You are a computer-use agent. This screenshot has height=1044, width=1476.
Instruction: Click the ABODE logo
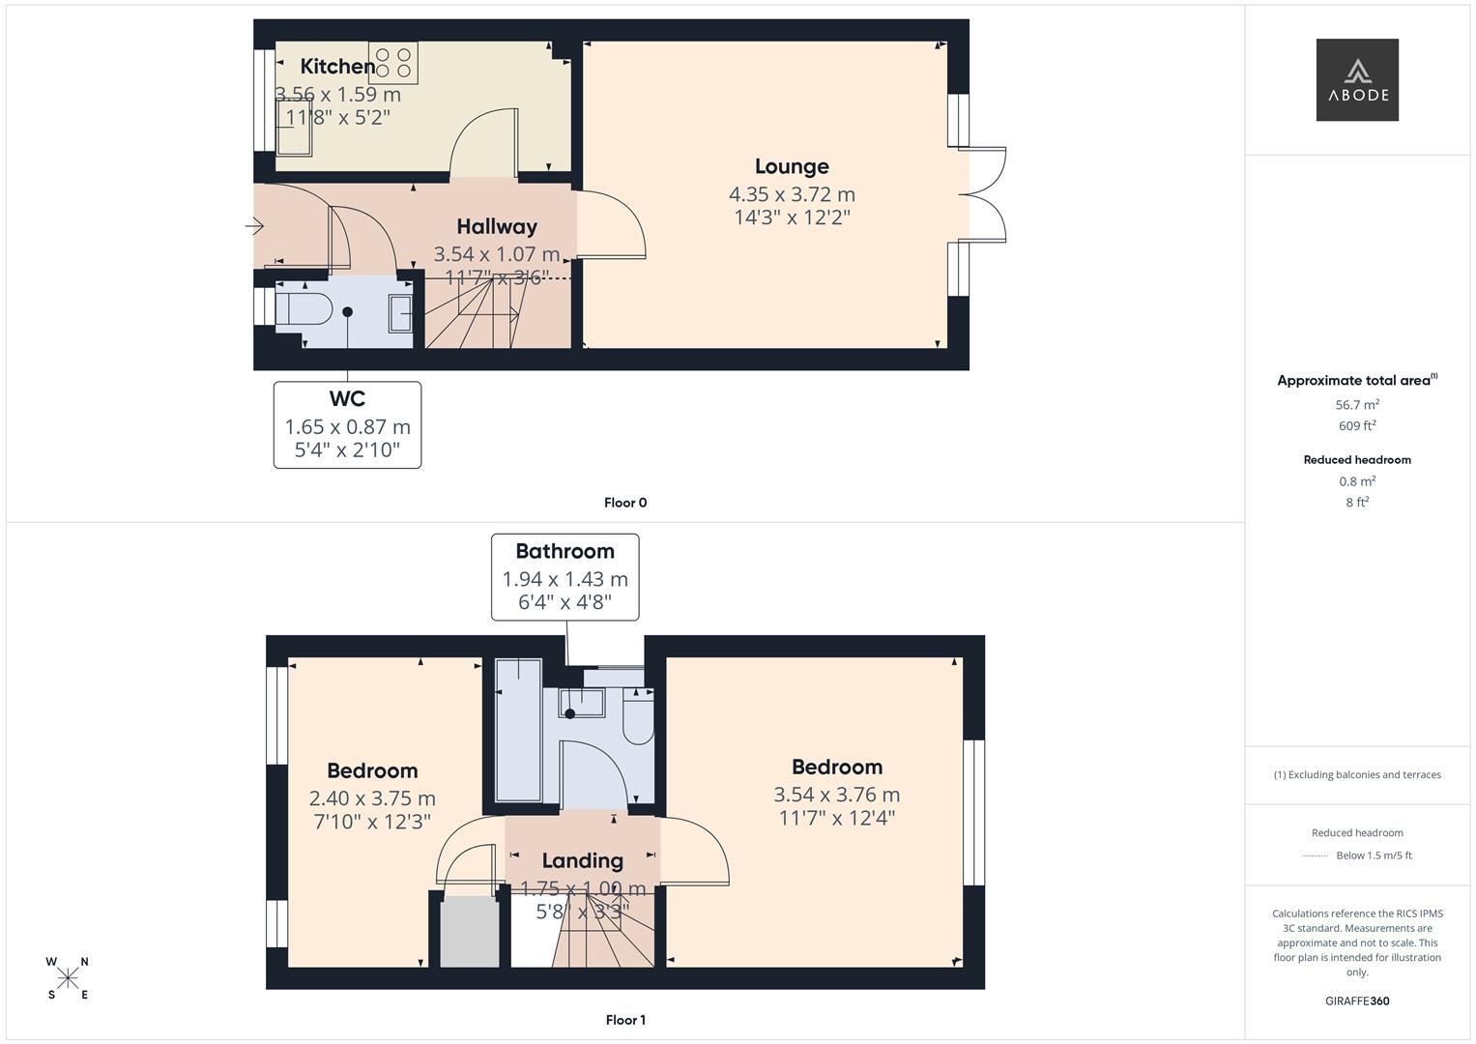pyautogui.click(x=1357, y=79)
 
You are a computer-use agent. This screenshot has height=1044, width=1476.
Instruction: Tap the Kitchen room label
pyautogui.click(x=337, y=66)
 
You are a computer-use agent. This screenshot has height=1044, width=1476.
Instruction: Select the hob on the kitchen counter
pyautogui.click(x=393, y=63)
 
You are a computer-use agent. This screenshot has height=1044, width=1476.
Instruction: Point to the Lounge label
pyautogui.click(x=792, y=166)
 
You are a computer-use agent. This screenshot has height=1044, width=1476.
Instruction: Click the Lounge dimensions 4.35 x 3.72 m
pyautogui.click(x=792, y=194)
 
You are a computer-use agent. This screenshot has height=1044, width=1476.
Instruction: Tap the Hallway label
pyautogui.click(x=497, y=227)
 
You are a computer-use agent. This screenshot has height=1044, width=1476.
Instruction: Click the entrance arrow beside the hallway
pyautogui.click(x=254, y=226)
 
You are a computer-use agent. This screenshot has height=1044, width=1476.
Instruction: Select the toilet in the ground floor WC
pyautogui.click(x=304, y=309)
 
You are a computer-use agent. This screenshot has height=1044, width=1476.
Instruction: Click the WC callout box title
pyautogui.click(x=347, y=398)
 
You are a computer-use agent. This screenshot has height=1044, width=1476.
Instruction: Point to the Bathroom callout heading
pyautogui.click(x=564, y=551)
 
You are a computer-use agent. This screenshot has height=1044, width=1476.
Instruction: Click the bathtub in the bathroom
pyautogui.click(x=518, y=730)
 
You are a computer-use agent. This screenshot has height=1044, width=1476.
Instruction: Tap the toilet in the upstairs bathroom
pyautogui.click(x=639, y=716)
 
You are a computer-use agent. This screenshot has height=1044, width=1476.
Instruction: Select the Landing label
pyautogui.click(x=583, y=860)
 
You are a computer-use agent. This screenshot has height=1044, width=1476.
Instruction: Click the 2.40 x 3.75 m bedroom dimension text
pyautogui.click(x=372, y=798)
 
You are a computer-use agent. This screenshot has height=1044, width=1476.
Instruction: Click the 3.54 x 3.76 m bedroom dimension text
pyautogui.click(x=837, y=795)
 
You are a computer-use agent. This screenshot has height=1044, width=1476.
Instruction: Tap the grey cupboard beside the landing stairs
pyautogui.click(x=469, y=931)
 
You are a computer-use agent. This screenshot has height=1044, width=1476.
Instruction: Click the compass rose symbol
pyautogui.click(x=68, y=978)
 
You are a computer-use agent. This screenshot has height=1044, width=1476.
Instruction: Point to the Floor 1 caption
pyautogui.click(x=625, y=1020)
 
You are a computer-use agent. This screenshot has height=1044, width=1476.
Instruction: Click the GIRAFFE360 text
pyautogui.click(x=1357, y=1001)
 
